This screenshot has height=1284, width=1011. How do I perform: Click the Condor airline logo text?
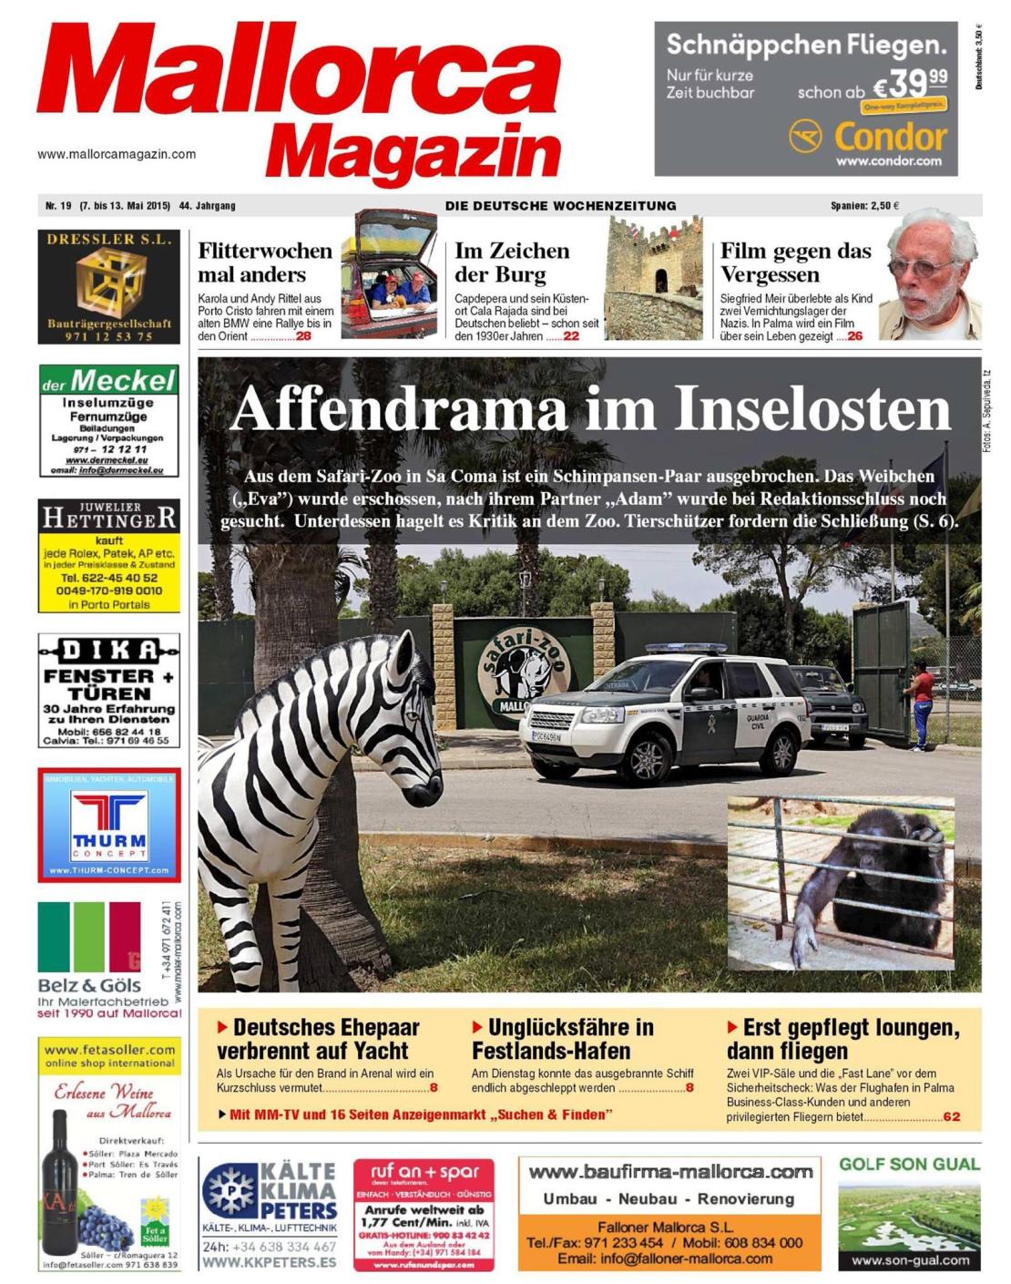[890, 138]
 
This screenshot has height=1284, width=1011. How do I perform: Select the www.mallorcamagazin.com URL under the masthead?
[117, 154]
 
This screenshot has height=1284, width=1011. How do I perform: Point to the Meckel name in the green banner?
[122, 380]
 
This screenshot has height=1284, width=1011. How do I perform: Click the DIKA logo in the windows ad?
[108, 651]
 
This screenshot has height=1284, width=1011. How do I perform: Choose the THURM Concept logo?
[109, 825]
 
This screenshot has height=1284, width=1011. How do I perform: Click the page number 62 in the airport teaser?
[951, 1116]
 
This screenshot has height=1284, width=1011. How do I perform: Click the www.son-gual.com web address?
[909, 1260]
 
